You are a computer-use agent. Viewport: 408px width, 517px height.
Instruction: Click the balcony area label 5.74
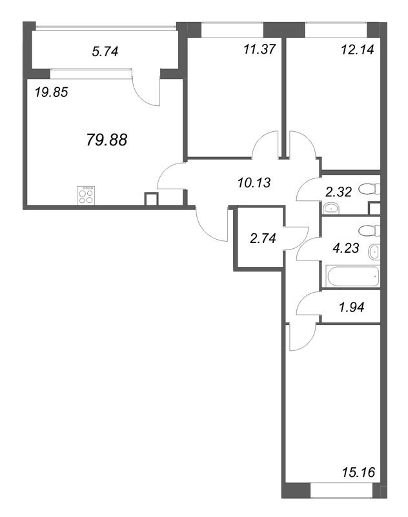(105, 52)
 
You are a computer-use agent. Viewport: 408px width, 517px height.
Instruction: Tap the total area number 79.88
(107, 140)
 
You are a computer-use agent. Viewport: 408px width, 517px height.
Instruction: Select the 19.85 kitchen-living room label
(52, 92)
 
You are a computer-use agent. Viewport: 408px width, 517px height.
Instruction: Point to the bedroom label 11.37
(259, 50)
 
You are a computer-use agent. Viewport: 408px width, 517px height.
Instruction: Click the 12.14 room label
(358, 50)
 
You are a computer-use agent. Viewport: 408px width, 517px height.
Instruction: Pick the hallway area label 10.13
(254, 182)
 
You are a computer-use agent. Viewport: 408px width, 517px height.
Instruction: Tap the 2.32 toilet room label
(338, 191)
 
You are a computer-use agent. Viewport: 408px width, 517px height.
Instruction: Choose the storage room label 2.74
(263, 238)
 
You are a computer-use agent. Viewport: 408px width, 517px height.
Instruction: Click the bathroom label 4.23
(346, 248)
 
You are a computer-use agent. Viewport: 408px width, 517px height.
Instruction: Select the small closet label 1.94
(352, 308)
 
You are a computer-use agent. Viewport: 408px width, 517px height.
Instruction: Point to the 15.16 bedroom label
(358, 472)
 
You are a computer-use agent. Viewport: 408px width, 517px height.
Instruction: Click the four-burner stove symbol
(86, 195)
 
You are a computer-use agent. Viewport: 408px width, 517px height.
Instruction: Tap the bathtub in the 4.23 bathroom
(352, 277)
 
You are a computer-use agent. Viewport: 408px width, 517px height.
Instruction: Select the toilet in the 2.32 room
(369, 189)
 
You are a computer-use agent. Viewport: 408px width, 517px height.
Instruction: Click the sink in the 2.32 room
(331, 208)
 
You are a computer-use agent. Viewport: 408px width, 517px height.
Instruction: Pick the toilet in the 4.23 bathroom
(369, 231)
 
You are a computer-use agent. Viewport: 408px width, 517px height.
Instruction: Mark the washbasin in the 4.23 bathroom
(374, 253)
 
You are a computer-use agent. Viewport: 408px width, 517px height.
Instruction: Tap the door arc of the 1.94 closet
(307, 302)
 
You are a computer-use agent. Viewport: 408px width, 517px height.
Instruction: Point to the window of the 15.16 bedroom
(342, 490)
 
